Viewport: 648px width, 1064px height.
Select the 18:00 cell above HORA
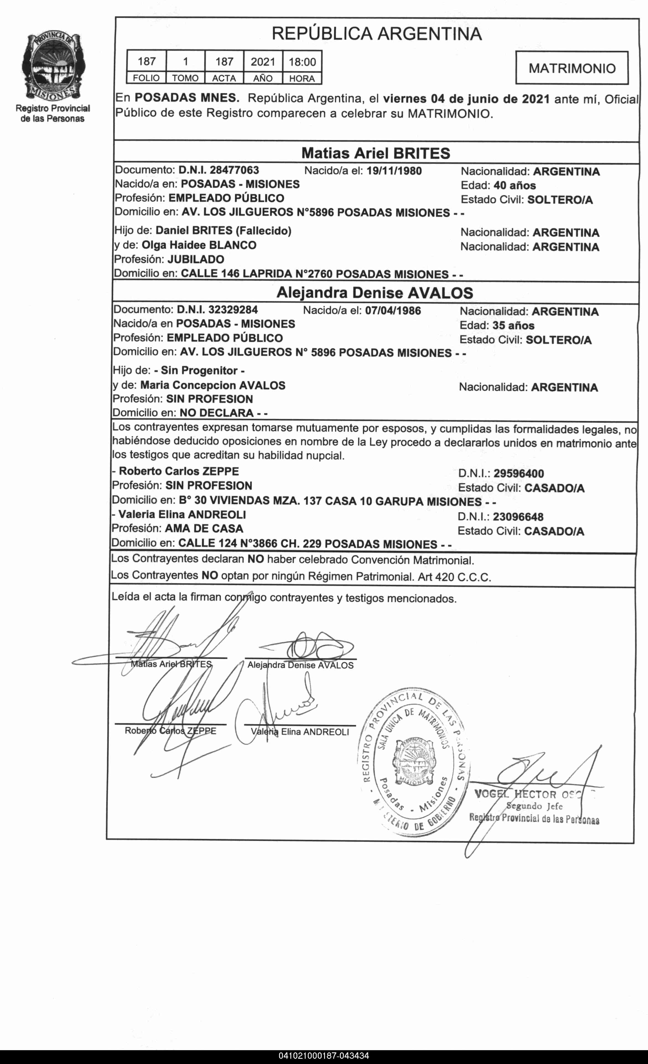coord(302,62)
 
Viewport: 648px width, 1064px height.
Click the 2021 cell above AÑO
coord(263,62)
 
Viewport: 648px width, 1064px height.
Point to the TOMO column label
coord(185,79)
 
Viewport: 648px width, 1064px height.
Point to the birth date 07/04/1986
coord(393,311)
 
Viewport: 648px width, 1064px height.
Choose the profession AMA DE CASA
coord(204,529)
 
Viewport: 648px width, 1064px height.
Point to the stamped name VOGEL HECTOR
coord(515,794)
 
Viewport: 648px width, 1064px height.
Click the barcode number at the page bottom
coord(324,1056)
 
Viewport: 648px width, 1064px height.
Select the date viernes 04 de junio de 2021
coord(466,99)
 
